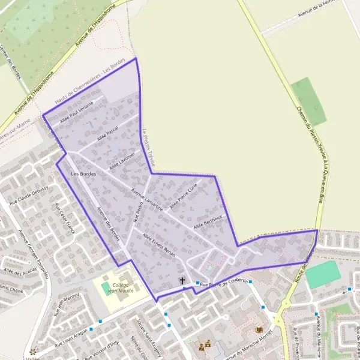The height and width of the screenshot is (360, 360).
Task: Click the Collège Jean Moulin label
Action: click(x=121, y=288)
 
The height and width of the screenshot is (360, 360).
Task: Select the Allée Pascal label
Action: click(x=106, y=133)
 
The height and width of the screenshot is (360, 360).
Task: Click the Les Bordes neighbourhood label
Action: click(x=83, y=174)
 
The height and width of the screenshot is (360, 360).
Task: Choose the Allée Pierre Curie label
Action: click(x=184, y=197)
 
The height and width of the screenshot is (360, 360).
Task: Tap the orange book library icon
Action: click(x=259, y=330)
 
